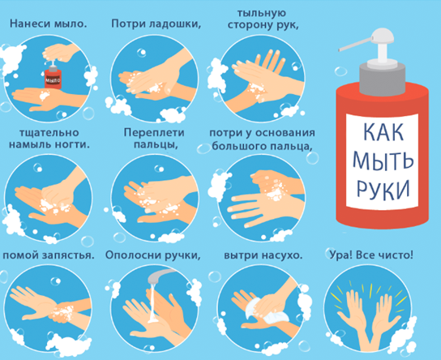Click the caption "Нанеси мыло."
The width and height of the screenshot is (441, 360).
[48, 24]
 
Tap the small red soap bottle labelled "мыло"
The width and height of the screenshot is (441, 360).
[53, 76]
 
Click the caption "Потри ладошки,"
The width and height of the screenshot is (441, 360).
[156, 24]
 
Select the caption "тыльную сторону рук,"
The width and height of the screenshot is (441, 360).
[263, 19]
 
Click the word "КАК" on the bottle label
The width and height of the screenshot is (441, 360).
[383, 131]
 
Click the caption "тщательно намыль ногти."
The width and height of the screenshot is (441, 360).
[49, 139]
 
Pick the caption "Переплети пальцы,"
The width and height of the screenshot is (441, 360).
[154, 139]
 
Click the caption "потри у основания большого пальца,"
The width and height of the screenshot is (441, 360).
[262, 139]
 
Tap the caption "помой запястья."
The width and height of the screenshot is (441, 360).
[49, 255]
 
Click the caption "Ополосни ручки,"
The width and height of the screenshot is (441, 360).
[153, 255]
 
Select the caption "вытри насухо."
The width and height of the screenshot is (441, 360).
[263, 255]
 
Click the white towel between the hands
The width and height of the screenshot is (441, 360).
[263, 312]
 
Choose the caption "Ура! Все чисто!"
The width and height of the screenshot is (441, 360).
[371, 255]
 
